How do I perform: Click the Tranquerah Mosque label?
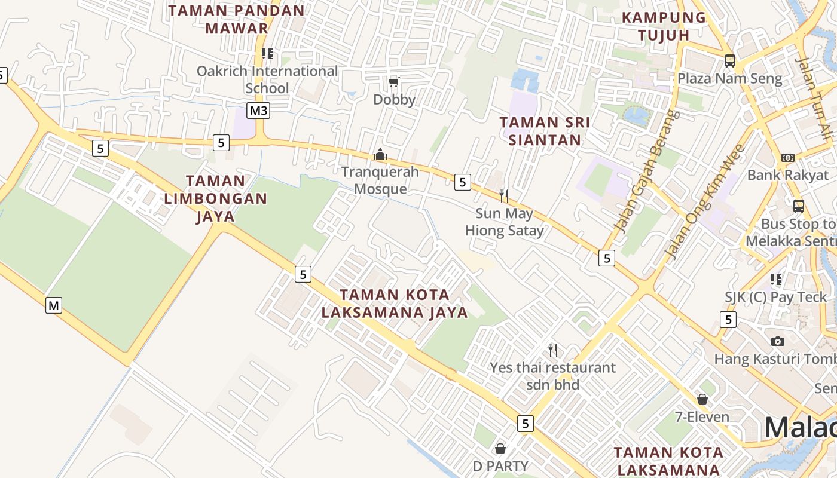click(x=380, y=180)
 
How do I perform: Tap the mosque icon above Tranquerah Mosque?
click(x=380, y=155)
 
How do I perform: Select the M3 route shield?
click(x=259, y=111)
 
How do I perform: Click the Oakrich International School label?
click(x=267, y=79)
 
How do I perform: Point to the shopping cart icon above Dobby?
click(x=393, y=81)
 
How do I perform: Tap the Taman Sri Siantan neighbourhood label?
click(x=545, y=131)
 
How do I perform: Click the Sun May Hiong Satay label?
click(x=504, y=222)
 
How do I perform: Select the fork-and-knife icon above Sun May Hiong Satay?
click(x=504, y=195)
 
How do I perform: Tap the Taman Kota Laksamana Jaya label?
click(x=395, y=304)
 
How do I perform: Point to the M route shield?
click(x=54, y=306)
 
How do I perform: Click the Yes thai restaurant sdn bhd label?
click(x=552, y=376)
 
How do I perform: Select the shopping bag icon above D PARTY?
click(x=500, y=448)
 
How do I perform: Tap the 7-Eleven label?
click(x=702, y=416)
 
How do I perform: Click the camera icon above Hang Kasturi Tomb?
click(x=777, y=341)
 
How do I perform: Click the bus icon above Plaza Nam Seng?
click(x=729, y=60)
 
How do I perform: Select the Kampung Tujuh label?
click(x=664, y=26)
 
